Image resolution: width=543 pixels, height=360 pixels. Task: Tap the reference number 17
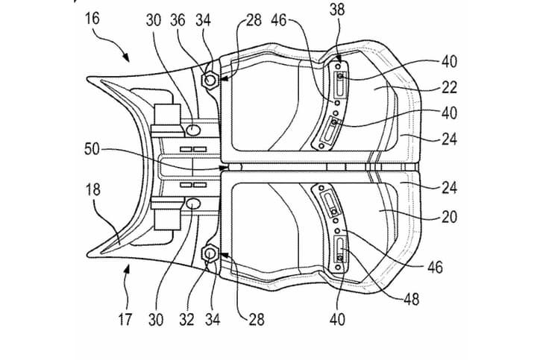pyautogui.click(x=125, y=320)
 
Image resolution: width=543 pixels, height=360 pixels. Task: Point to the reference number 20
pyautogui.click(x=449, y=218)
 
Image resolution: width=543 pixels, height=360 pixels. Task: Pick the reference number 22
pyautogui.click(x=449, y=88)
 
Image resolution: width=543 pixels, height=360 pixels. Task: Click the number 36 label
pyautogui.click(x=179, y=21)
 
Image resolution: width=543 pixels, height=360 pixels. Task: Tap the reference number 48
pyautogui.click(x=411, y=299)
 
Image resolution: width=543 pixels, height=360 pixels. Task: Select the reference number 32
pyautogui.click(x=186, y=320)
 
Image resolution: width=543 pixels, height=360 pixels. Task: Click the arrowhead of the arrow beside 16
pyautogui.click(x=128, y=58)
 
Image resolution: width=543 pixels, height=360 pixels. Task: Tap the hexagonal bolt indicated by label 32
pyautogui.click(x=210, y=256)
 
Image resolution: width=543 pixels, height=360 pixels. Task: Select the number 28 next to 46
pyautogui.click(x=254, y=21)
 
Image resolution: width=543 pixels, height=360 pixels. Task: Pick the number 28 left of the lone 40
pyautogui.click(x=256, y=320)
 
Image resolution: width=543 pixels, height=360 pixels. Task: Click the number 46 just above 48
pyautogui.click(x=434, y=266)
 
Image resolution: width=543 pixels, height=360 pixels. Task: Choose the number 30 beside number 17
pyautogui.click(x=155, y=320)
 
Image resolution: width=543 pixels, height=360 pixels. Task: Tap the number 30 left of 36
pyautogui.click(x=154, y=21)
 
